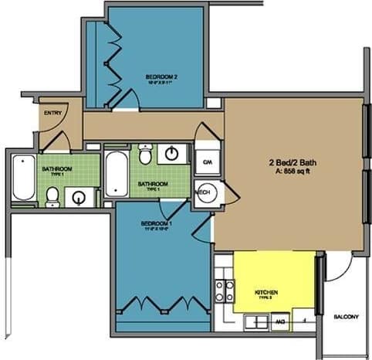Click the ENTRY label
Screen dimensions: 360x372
52,114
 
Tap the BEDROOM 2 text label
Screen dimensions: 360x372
162,77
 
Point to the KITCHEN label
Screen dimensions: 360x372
265,292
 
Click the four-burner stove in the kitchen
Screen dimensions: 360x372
224,290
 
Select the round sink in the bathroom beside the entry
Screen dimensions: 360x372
78,199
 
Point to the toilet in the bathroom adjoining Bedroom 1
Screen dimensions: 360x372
145,155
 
